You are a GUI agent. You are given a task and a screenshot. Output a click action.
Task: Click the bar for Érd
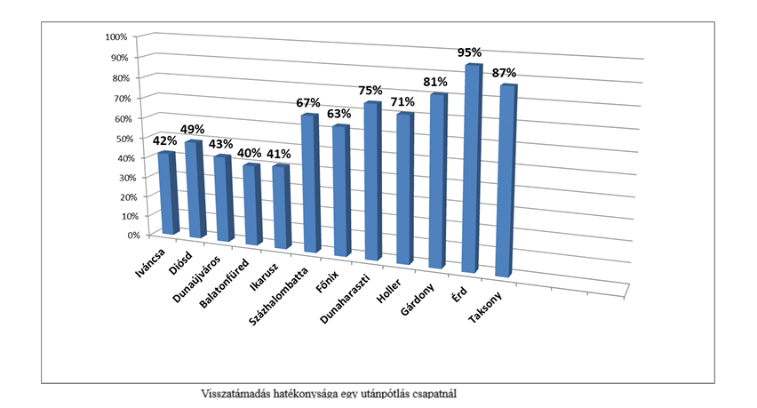471,169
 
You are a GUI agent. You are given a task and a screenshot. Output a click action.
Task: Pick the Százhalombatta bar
309,183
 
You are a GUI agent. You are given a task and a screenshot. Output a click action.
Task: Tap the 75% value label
371,91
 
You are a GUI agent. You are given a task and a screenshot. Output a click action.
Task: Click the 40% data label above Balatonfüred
249,153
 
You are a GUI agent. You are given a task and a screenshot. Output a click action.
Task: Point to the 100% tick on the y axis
116,37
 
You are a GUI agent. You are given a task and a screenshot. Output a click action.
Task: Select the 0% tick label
121,236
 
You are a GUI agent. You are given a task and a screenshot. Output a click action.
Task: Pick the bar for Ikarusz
281,206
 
